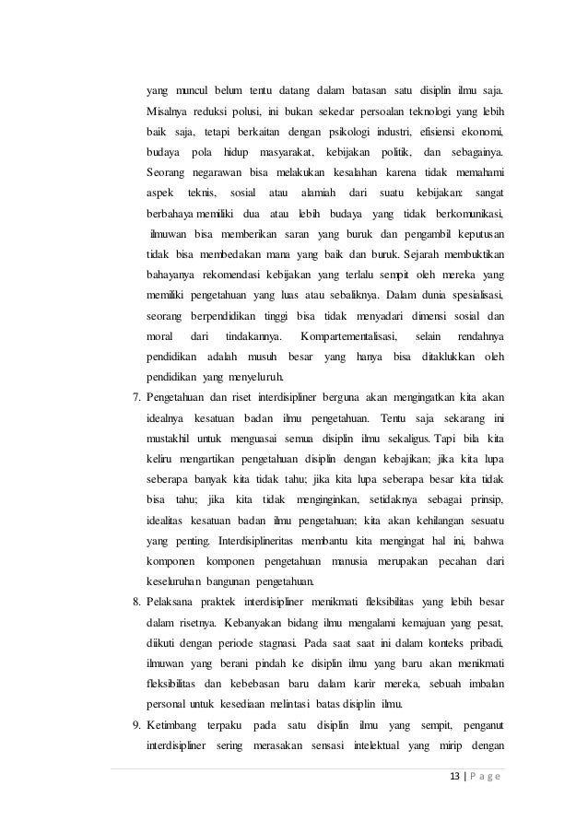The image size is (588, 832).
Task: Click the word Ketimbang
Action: point(178,724)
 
